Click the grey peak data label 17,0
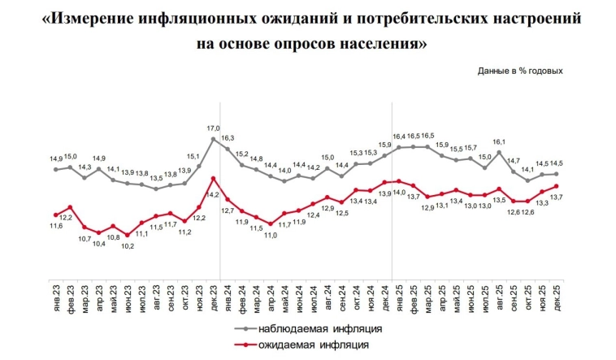tap(213, 128)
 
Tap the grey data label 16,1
tap(500, 142)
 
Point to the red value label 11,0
tap(271, 235)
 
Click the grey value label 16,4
tap(399, 137)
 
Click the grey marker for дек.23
tap(213, 139)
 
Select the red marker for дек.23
tap(213, 178)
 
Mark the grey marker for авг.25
tap(499, 152)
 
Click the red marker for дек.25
tap(556, 186)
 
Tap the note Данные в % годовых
tap(519, 71)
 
